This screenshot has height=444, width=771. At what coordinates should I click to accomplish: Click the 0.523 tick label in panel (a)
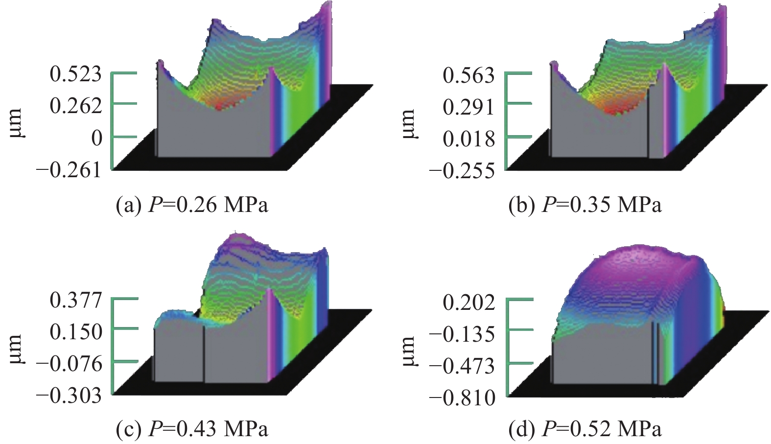click(76, 75)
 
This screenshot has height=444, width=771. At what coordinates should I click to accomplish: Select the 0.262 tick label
click(76, 106)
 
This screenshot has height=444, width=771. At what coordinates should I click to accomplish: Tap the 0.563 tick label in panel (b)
click(469, 76)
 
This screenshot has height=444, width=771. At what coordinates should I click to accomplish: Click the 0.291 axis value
click(469, 107)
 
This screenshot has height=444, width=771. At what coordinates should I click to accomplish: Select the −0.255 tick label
click(463, 171)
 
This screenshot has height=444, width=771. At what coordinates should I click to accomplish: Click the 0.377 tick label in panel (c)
click(76, 300)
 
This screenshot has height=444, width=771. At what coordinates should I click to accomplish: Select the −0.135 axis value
click(463, 335)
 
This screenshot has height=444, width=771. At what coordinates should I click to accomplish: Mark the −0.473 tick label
click(463, 366)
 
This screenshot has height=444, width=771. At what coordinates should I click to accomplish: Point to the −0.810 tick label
click(463, 398)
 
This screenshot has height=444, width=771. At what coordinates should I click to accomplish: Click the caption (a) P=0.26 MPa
click(192, 205)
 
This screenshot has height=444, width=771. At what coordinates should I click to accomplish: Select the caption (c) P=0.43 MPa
click(192, 429)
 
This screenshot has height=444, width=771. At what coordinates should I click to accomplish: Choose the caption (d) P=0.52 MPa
click(585, 429)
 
